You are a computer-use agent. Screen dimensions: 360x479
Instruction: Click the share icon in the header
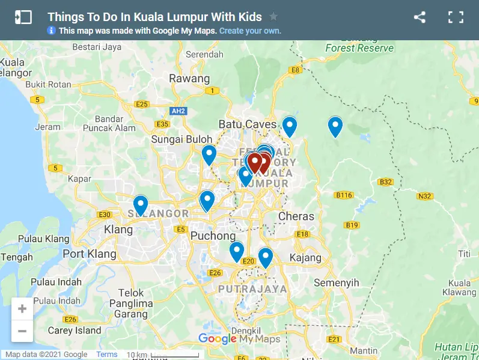420,17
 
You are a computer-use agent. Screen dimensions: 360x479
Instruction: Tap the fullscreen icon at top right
456,17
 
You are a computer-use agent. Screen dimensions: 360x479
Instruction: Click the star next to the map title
273,16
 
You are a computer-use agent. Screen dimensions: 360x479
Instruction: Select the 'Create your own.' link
250,31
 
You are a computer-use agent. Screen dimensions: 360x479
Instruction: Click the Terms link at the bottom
107,355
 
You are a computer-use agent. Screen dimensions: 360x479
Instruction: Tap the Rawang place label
189,78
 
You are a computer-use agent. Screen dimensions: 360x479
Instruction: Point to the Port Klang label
90,254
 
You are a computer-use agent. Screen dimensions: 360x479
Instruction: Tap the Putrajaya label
252,289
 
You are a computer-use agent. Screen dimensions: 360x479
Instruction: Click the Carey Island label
75,330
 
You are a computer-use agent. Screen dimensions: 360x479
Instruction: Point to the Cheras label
296,216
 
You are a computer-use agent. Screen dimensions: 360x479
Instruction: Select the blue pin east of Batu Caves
290,126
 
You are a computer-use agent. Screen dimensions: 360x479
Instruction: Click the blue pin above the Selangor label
141,205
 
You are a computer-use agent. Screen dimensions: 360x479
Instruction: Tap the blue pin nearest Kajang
265,257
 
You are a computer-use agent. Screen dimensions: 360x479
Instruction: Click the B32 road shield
385,182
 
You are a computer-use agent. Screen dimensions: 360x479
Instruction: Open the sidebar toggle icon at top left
23,17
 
